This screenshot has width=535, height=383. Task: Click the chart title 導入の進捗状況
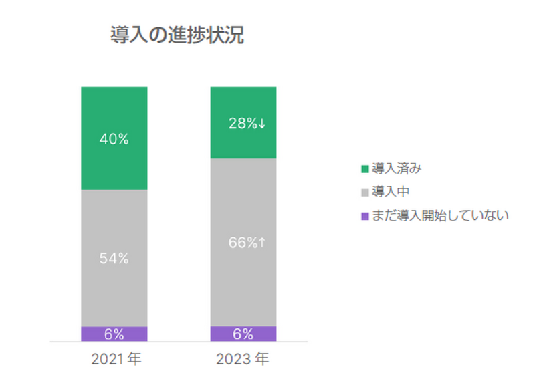[177, 35]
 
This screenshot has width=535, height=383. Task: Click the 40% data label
[114, 139]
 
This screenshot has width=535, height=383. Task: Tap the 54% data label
[114, 259]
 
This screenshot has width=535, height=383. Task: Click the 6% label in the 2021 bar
[114, 334]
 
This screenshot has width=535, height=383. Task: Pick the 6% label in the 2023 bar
[243, 334]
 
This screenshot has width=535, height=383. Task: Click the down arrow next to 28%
[262, 123]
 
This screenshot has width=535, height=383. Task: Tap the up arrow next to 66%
[262, 243]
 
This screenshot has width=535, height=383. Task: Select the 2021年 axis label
[116, 360]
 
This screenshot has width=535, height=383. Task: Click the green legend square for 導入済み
[364, 168]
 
